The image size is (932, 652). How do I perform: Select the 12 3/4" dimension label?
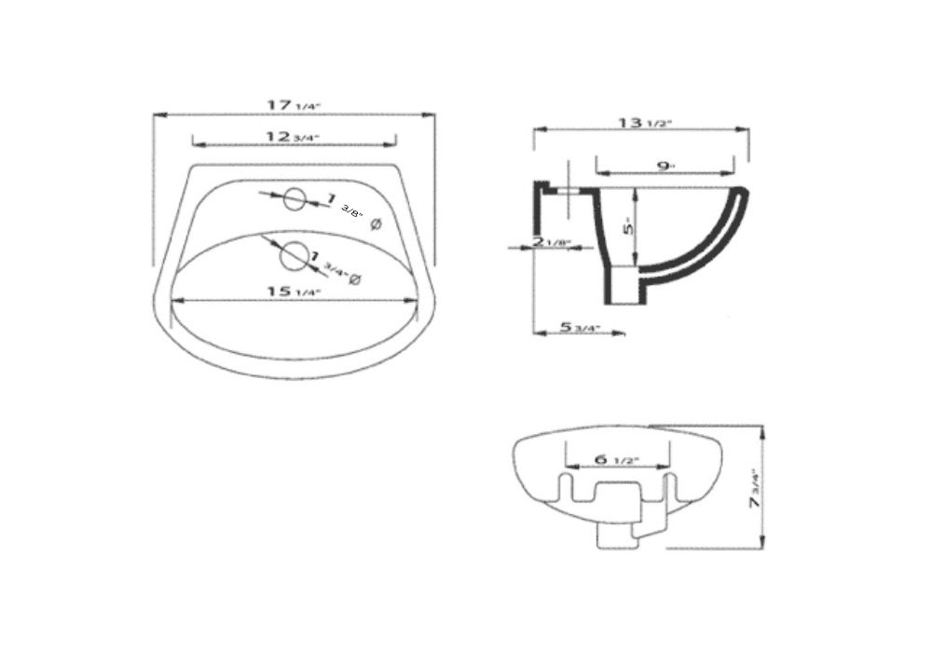293,137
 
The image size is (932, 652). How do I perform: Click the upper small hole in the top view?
295,197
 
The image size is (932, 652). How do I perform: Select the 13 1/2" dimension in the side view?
644,122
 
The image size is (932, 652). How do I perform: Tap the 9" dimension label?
665,166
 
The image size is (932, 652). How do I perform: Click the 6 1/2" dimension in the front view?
617,460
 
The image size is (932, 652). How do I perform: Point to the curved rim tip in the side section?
743,194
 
